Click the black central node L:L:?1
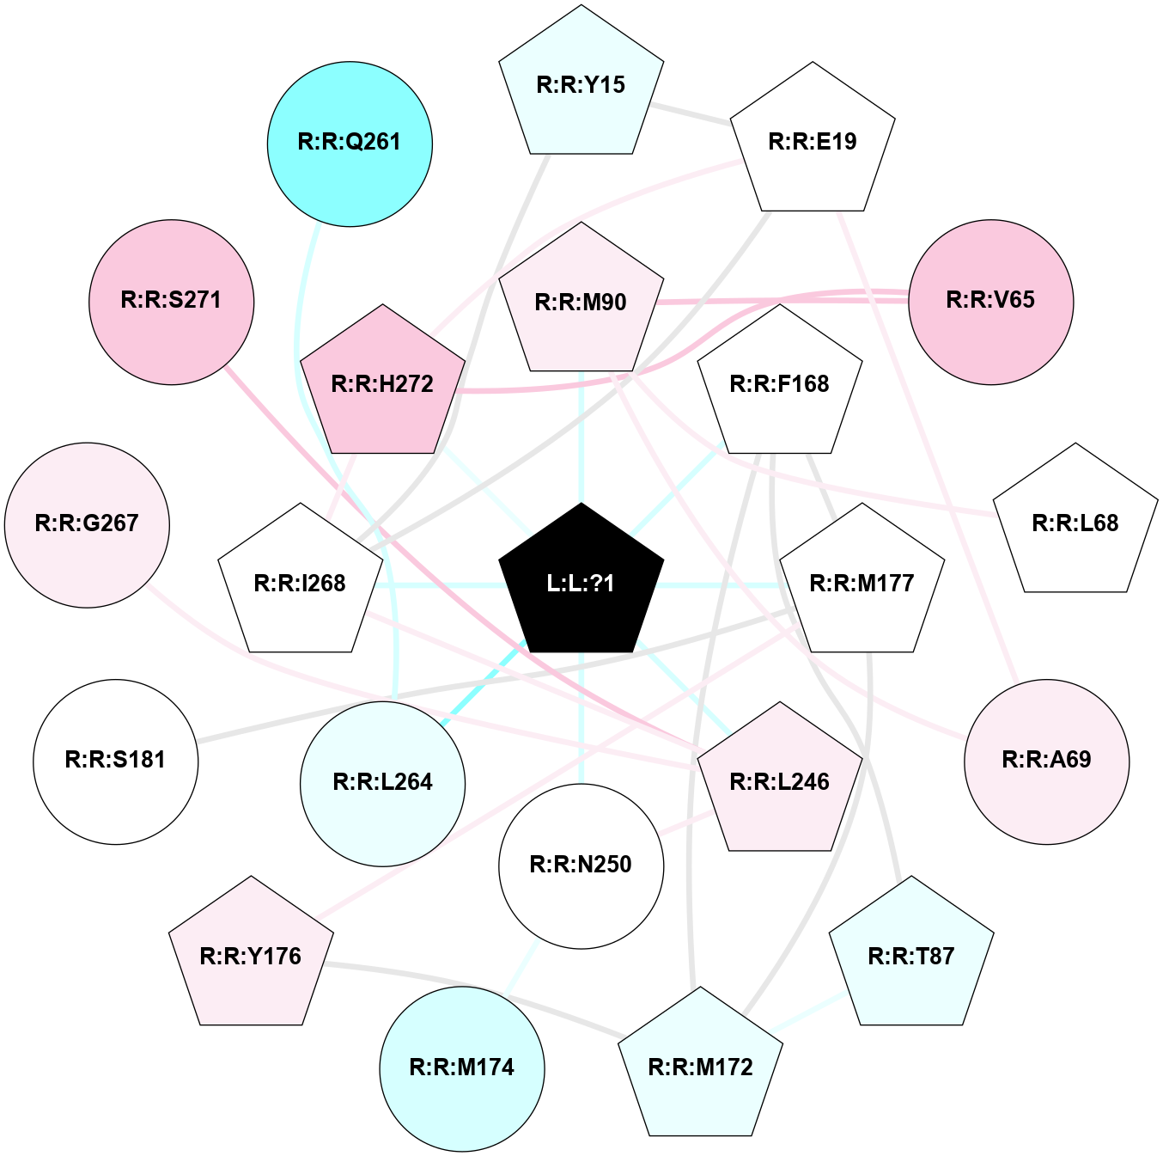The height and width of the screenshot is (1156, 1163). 581,582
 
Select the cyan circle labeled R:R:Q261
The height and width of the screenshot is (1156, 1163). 350,144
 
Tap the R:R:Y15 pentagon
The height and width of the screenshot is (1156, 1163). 581,83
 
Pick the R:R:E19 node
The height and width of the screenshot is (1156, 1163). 813,141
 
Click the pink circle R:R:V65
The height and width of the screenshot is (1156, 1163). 991,302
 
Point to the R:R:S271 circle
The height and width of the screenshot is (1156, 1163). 172,302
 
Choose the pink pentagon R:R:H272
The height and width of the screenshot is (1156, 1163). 382,383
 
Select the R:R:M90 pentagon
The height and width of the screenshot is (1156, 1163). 581,301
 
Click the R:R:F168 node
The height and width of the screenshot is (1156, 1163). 780,383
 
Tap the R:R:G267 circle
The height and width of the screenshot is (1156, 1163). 87,525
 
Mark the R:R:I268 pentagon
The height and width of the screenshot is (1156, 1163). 301,582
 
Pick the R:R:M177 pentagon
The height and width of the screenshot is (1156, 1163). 862,582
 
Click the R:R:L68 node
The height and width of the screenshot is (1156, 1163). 1075,522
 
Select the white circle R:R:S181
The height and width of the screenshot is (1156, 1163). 116,761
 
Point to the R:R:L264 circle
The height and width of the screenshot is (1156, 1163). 382,784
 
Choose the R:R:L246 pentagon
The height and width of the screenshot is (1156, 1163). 780,781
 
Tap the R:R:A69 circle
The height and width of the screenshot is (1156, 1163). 1047,761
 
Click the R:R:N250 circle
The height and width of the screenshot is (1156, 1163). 581,866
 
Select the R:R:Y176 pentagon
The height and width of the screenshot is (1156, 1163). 251,956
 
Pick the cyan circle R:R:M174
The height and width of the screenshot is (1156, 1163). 462,1069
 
